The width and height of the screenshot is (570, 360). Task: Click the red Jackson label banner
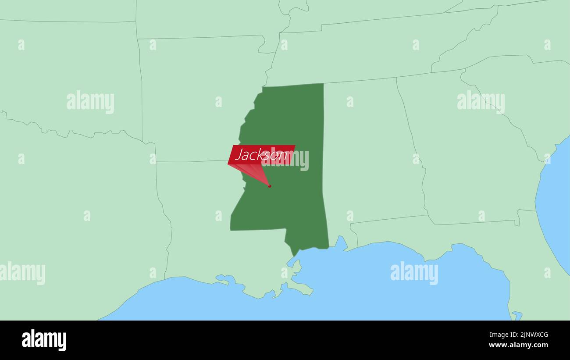[261, 154]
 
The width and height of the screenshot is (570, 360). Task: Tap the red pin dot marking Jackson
[269, 186]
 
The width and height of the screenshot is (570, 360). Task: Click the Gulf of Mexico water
[351, 289]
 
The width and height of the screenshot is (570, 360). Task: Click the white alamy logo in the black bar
[44, 340]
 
